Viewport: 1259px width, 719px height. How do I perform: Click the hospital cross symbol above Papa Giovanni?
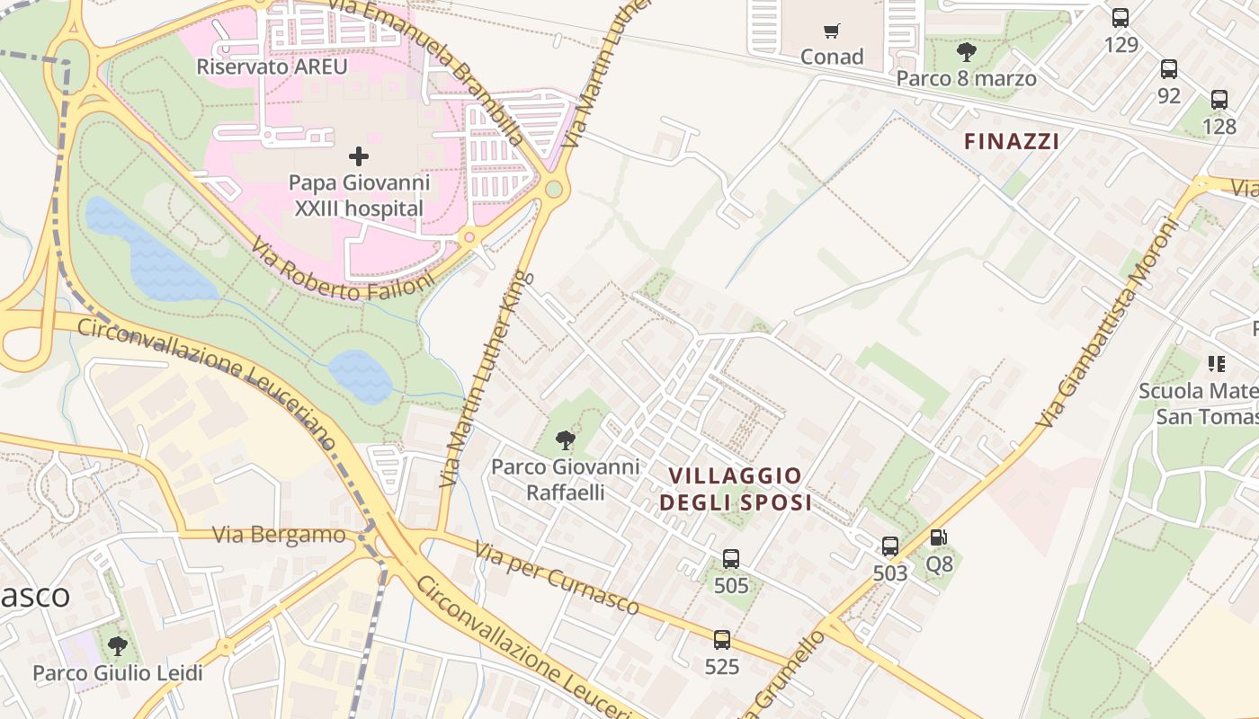coord(358,156)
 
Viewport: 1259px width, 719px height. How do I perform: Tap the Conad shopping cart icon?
coord(832,31)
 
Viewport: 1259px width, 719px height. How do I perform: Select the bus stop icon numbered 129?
coord(1121,17)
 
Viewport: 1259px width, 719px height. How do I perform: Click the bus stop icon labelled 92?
coord(1169,69)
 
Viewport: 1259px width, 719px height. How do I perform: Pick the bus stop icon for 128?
coord(1219,100)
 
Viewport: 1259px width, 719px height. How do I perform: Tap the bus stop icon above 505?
coord(731,559)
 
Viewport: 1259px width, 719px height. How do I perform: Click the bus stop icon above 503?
coord(890,546)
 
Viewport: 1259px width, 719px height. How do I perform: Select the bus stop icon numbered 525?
coord(722,640)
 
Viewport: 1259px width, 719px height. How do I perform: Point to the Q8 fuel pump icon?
coord(938,537)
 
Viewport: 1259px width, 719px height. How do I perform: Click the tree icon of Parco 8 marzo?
coord(967,51)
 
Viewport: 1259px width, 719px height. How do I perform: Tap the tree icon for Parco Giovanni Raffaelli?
coord(566,439)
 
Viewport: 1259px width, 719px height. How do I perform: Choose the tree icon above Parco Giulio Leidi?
coord(117,645)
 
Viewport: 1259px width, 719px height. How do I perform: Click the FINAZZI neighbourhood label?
coord(1011,141)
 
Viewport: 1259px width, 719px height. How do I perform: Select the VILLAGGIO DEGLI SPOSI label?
coord(736,489)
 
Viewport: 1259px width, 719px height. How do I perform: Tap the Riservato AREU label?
coord(272,67)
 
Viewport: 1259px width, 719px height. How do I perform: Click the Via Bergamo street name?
coord(279,535)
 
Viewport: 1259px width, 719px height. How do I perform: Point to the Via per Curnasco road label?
coord(557,579)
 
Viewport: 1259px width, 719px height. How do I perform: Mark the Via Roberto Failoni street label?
coord(342,272)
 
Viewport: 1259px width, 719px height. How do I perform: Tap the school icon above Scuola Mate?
coord(1217,364)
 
